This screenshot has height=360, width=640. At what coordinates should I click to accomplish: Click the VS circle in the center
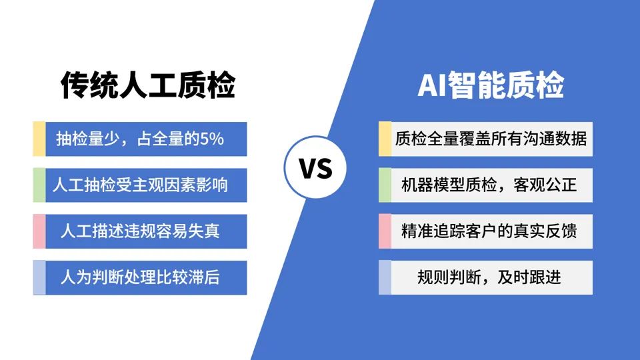point(315,167)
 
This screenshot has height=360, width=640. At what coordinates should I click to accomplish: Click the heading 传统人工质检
point(148,85)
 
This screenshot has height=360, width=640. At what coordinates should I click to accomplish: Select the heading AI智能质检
point(491,85)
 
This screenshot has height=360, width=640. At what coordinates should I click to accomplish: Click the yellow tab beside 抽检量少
point(39,139)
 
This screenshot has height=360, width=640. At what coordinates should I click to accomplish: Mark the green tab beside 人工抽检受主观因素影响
point(39,185)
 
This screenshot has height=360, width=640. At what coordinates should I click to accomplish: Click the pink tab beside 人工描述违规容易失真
point(39,231)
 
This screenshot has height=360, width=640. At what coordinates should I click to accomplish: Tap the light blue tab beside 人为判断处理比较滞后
point(39,277)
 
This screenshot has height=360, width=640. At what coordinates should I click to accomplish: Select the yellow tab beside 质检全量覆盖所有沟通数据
point(385,139)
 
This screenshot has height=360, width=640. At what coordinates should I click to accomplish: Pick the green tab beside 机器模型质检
point(385,185)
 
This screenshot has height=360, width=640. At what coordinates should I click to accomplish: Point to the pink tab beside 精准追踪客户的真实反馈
point(385,231)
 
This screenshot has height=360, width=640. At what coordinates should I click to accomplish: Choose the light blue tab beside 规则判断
point(385,277)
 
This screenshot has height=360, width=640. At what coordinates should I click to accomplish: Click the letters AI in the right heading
point(432,85)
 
